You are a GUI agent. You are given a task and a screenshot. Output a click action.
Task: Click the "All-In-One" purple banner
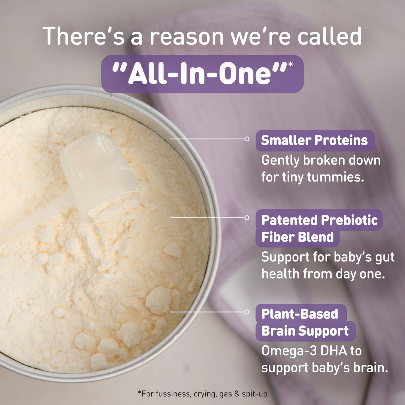coord(202,74)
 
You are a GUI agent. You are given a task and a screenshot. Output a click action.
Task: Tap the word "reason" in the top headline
coord(187,36)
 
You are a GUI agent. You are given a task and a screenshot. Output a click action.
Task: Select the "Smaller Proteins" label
coord(314,141)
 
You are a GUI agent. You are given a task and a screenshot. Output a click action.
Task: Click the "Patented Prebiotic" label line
coord(319,220)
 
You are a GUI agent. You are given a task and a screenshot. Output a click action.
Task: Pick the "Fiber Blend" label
coord(297,237)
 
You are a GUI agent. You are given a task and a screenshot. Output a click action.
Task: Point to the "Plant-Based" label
coord(300,314)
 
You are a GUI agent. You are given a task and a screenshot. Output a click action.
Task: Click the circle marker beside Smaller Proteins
coord(247,139)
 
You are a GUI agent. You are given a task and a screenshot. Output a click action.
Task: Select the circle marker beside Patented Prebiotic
coord(247,218)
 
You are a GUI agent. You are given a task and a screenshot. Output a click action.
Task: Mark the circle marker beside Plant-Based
coord(247,312)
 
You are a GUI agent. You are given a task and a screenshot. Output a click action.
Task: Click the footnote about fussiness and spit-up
coord(203,394)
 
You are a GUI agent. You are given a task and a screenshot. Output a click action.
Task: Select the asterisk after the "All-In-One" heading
coord(290,64)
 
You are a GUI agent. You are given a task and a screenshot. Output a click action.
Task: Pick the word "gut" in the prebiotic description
coord(385,257)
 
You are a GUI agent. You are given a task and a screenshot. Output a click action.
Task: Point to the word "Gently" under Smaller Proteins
coord(280,161)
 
